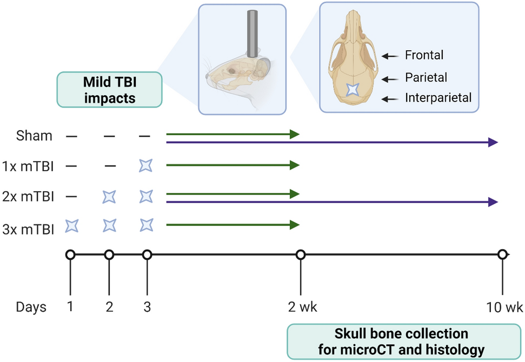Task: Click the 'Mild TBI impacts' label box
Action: click(x=109, y=89)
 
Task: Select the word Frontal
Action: click(x=424, y=55)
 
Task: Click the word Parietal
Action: click(x=426, y=77)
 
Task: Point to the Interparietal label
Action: click(x=438, y=98)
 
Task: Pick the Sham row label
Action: click(x=34, y=136)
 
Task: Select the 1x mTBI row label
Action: click(x=28, y=166)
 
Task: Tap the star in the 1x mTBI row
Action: click(x=145, y=166)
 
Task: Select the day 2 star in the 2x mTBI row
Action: click(x=109, y=196)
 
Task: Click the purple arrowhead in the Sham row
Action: click(x=492, y=142)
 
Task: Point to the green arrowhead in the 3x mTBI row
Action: click(x=294, y=224)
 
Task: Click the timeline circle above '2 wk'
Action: click(x=300, y=254)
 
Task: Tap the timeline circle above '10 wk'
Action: click(x=502, y=254)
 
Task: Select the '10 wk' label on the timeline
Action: click(x=504, y=307)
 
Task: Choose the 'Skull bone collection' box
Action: click(x=401, y=341)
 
